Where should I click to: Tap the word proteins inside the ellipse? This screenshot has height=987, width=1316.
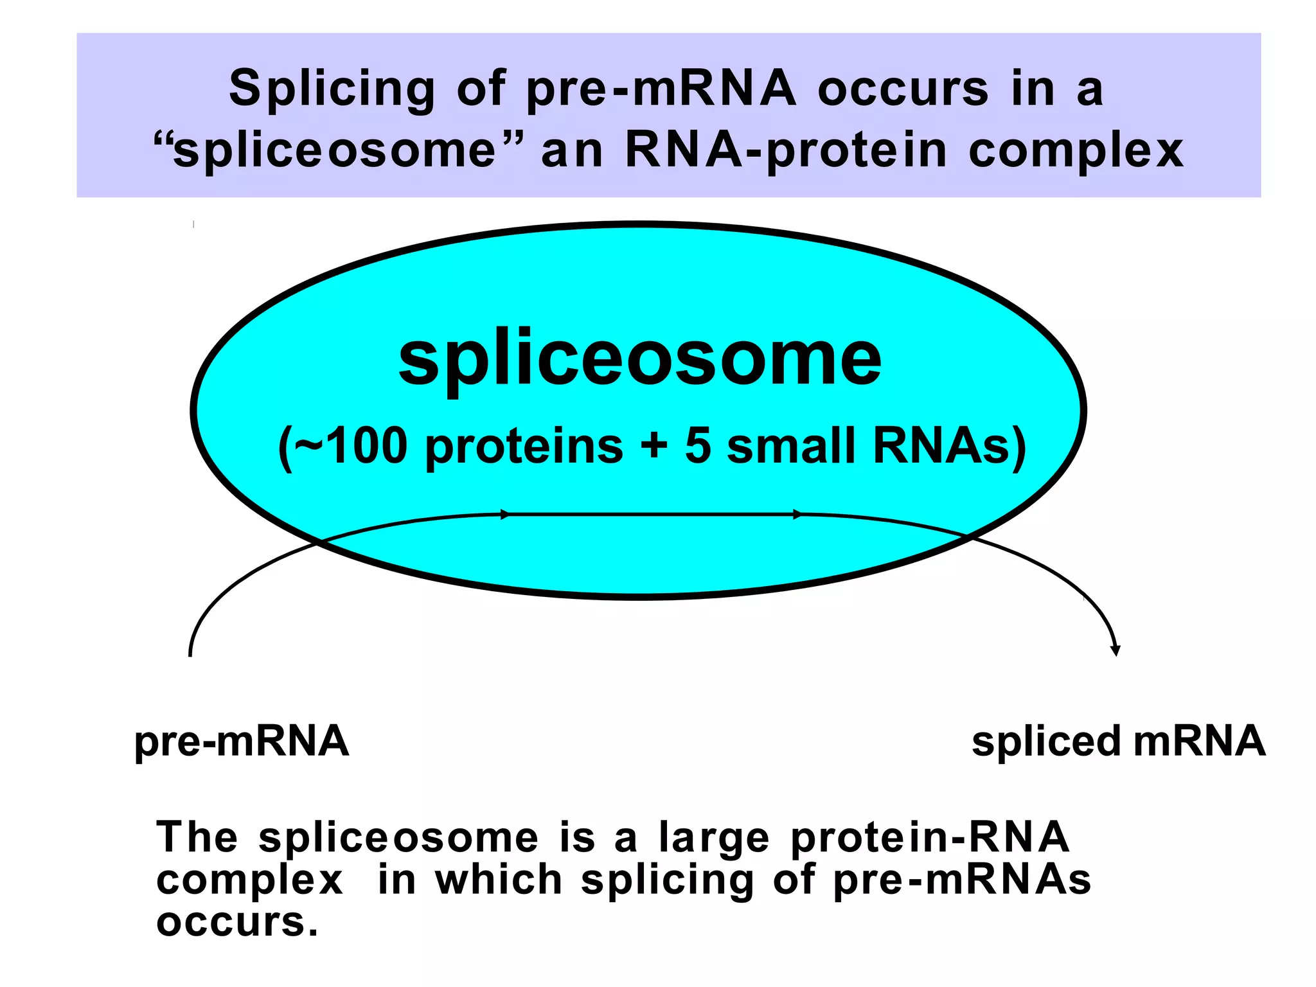pyautogui.click(x=524, y=447)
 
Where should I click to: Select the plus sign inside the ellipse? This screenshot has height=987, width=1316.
pyautogui.click(x=654, y=445)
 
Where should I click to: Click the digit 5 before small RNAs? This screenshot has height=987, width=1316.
pyautogui.click(x=698, y=445)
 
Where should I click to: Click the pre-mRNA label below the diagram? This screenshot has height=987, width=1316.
pyautogui.click(x=242, y=742)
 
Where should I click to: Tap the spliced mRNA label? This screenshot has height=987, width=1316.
pyautogui.click(x=1118, y=742)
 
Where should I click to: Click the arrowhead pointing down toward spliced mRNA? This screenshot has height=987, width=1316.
pyautogui.click(x=1116, y=650)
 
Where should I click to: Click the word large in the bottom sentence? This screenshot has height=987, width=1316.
pyautogui.click(x=714, y=839)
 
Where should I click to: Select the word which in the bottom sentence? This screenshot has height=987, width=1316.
pyautogui.click(x=499, y=880)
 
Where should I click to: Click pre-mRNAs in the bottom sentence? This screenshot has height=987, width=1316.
pyautogui.click(x=962, y=880)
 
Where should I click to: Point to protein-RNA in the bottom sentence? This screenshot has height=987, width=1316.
pyautogui.click(x=930, y=837)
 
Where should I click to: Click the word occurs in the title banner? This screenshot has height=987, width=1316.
pyautogui.click(x=903, y=89)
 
